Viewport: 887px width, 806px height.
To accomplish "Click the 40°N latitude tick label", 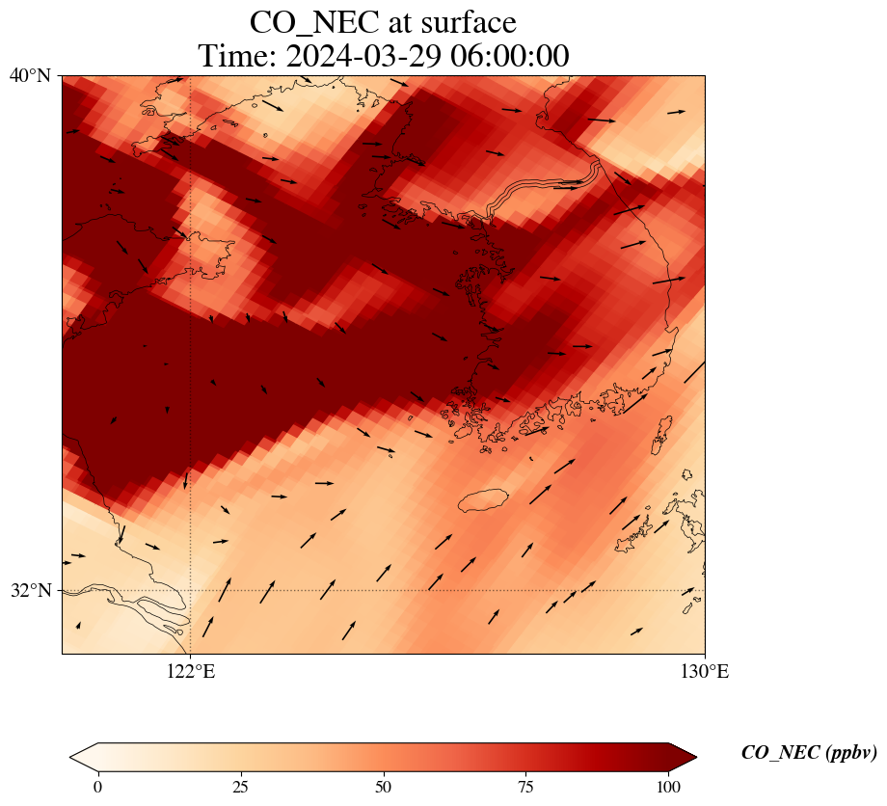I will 30,75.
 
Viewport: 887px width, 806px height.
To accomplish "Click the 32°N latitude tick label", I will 30,590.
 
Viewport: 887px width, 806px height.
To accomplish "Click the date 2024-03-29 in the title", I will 367,56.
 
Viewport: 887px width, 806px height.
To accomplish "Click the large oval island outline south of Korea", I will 482,500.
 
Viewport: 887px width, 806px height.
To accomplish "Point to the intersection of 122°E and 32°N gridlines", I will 191,590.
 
